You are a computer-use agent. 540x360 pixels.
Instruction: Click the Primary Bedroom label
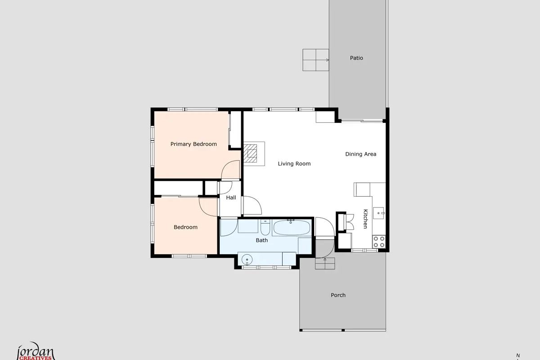click(193, 144)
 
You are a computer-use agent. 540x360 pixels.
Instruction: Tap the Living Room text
click(294, 164)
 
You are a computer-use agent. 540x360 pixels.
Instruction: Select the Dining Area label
click(360, 154)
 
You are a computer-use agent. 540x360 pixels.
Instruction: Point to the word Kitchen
click(365, 219)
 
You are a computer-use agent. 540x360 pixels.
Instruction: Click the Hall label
click(231, 198)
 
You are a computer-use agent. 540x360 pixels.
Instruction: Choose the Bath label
click(261, 240)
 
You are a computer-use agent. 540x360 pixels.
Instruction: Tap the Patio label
click(356, 58)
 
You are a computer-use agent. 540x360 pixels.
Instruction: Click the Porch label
click(338, 295)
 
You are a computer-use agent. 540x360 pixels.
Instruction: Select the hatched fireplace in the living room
click(250, 153)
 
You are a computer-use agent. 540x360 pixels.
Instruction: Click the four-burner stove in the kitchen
click(379, 242)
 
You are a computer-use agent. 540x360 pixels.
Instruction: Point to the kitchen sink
click(379, 213)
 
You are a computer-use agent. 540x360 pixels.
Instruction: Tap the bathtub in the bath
click(292, 227)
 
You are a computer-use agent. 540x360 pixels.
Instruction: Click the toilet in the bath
click(265, 227)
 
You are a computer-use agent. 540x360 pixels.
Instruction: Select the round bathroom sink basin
click(247, 260)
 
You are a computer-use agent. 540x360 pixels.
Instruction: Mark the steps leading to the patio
click(316, 60)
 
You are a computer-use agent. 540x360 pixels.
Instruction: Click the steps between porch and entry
click(325, 263)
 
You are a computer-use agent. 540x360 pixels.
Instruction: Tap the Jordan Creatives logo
click(36, 351)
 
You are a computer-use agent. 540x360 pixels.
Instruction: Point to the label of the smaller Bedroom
click(185, 227)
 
